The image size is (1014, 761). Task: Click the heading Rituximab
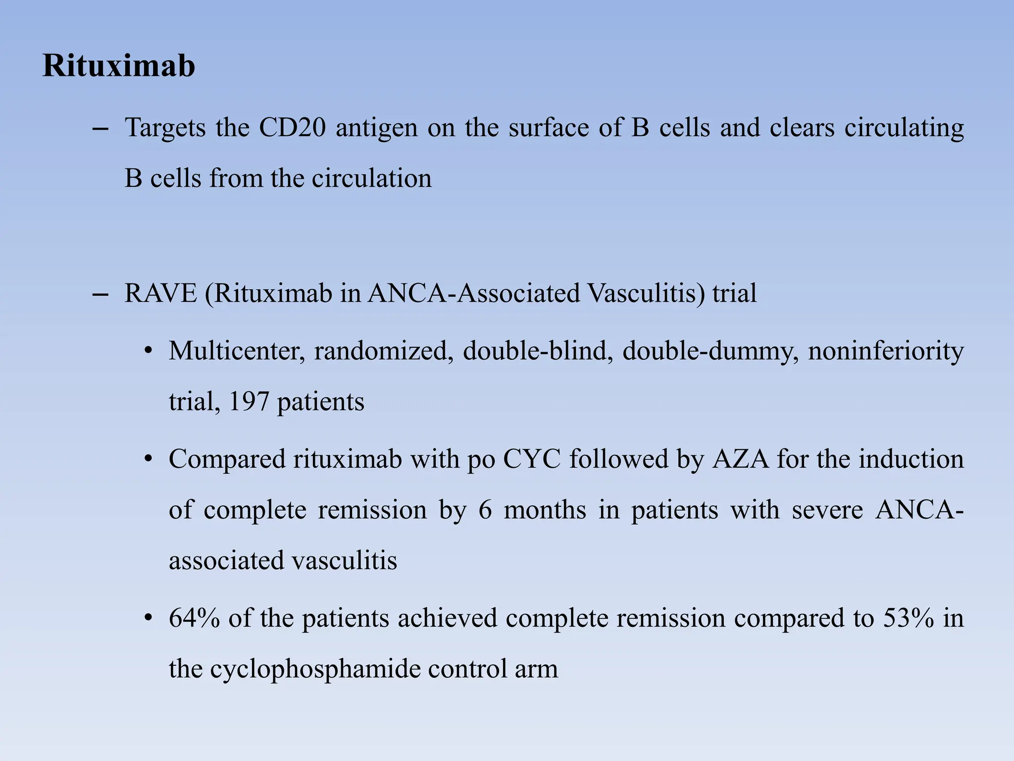[x=119, y=65]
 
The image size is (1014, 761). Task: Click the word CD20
[x=292, y=128]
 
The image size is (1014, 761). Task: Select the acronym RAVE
[x=160, y=293]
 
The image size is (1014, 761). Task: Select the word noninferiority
[x=885, y=352]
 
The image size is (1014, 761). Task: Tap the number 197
[x=248, y=401]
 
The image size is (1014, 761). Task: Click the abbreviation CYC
[x=531, y=459]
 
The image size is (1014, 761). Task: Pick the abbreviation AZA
[x=741, y=459]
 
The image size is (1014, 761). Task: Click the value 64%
[x=194, y=618]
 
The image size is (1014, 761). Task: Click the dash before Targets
[x=101, y=129]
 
